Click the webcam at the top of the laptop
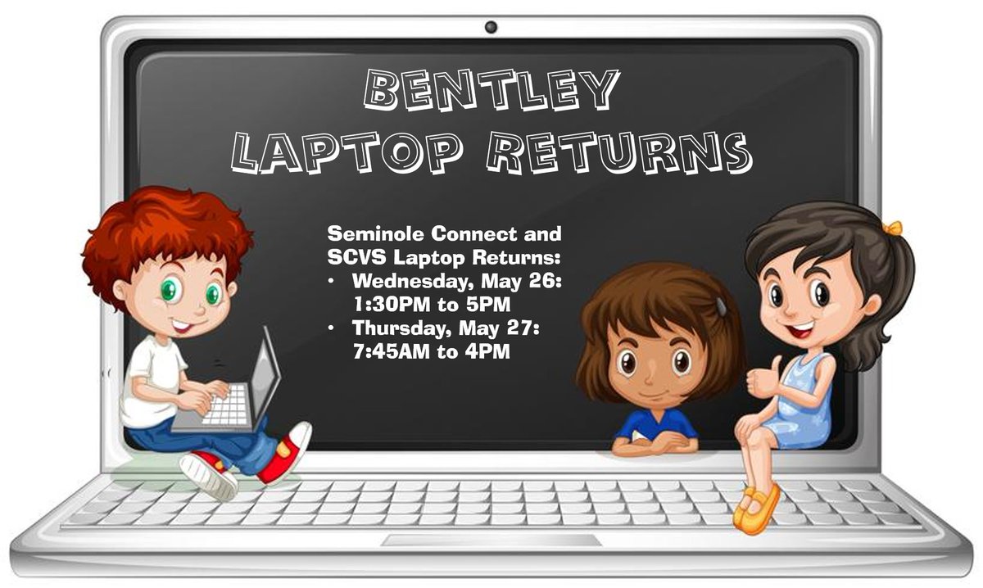491,27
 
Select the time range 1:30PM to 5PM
432,305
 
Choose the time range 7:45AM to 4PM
432,353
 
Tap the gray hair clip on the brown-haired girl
720,306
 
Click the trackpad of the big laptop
491,541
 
